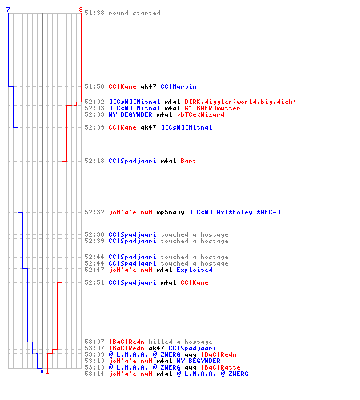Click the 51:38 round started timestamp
click(x=94, y=13)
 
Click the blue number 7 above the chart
click(x=8, y=10)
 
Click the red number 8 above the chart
click(x=81, y=10)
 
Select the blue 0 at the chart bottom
click(x=42, y=371)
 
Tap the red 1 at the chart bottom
click(x=47, y=371)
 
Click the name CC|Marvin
click(x=178, y=86)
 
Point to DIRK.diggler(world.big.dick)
click(x=240, y=102)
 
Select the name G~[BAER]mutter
click(x=212, y=108)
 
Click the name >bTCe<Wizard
click(x=201, y=114)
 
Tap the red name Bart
click(x=188, y=161)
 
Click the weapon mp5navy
click(x=170, y=212)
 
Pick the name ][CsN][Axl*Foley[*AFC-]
click(x=234, y=212)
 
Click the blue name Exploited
click(x=194, y=270)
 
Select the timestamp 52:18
click(x=94, y=161)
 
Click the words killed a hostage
click(x=180, y=342)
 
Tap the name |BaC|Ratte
click(x=221, y=367)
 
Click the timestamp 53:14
click(x=94, y=374)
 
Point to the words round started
click(x=134, y=13)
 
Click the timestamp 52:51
click(x=94, y=282)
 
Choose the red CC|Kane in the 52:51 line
click(x=194, y=282)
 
